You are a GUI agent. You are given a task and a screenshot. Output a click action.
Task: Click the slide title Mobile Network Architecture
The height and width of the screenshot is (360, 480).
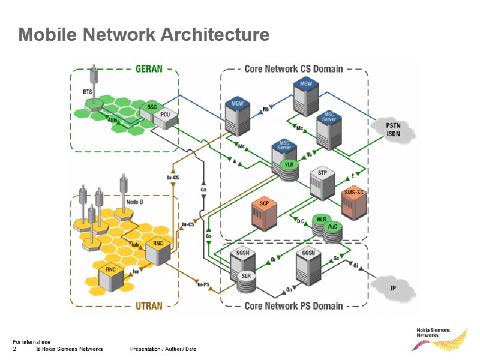143,34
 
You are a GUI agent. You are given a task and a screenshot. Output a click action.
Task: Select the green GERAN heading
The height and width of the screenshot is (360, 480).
149,68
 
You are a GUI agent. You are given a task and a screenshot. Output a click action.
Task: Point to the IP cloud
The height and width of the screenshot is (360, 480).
393,288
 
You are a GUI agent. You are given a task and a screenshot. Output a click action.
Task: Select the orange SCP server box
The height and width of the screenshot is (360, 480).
264,213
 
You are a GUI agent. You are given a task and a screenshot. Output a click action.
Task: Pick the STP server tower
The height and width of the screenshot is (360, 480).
322,183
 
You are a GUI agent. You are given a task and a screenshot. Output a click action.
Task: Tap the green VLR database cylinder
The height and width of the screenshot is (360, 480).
289,169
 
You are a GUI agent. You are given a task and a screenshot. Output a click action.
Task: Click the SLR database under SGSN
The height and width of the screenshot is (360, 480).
245,280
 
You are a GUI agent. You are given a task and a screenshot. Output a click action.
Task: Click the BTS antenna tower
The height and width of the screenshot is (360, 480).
93,84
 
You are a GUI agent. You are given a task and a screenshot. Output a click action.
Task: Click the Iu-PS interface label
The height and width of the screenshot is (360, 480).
203,284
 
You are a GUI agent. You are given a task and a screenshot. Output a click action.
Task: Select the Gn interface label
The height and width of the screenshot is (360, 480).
288,289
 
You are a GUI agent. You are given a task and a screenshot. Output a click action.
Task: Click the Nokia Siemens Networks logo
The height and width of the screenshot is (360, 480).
440,338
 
